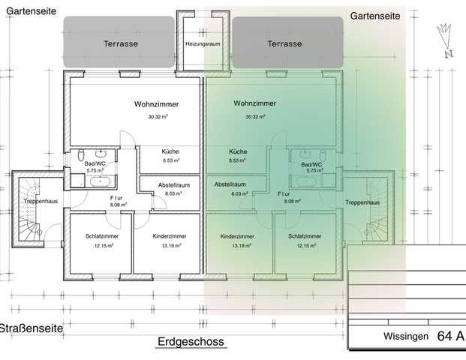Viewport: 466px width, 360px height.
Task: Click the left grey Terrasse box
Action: click(119, 43)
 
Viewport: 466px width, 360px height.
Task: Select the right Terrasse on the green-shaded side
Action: click(287, 43)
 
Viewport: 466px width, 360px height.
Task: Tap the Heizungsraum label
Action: click(203, 44)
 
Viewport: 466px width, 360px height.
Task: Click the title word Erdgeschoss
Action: click(191, 342)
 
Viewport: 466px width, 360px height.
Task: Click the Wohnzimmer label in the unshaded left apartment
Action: click(157, 103)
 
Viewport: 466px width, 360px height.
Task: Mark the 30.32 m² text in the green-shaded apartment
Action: click(256, 117)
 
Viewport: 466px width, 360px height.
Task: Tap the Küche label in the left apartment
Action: click(170, 151)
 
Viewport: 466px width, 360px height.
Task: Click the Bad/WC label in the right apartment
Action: click(311, 163)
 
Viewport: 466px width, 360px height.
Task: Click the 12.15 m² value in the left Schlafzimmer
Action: click(97, 246)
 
